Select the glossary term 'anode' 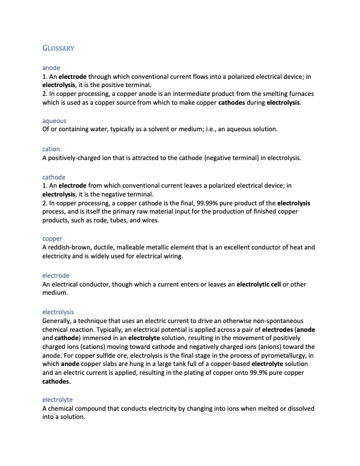(51, 68)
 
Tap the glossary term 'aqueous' (54, 121)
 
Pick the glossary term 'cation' (51, 149)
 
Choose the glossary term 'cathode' (54, 177)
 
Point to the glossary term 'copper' (52, 238)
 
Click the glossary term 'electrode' (56, 275)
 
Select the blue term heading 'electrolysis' (58, 311)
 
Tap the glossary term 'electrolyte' (58, 400)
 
